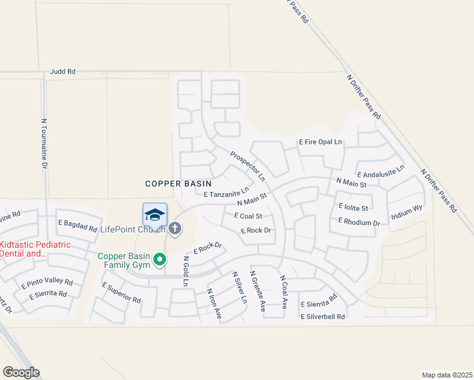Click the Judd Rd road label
63,72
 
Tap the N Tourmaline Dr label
44,143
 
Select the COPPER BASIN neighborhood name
174,184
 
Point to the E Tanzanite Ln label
226,192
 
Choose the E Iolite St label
354,206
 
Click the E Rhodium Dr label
359,222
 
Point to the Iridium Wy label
407,212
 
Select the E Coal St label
248,216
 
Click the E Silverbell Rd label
323,316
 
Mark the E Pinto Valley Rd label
47,282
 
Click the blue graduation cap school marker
155,215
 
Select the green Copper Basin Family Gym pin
161,259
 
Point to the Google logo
21,372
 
